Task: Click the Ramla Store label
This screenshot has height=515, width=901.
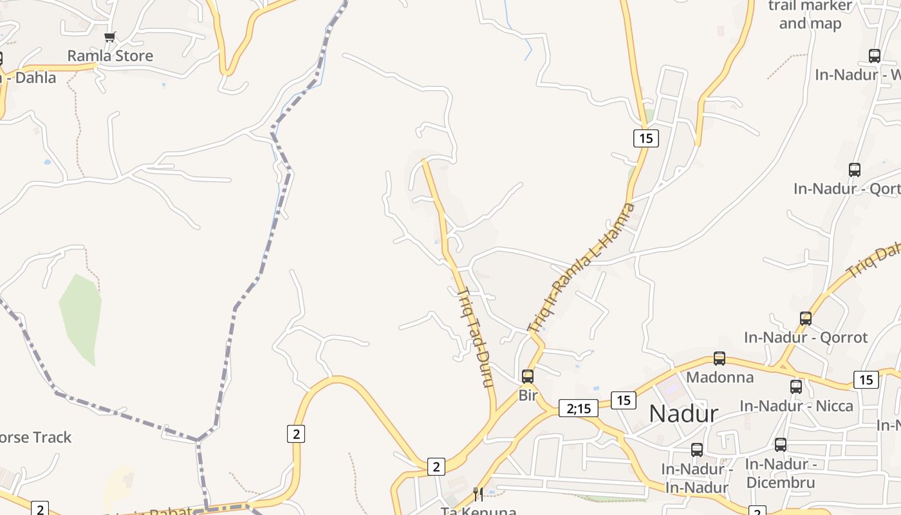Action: [x=110, y=56]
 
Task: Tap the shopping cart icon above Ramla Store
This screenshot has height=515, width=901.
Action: [x=110, y=37]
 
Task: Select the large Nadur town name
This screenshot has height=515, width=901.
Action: [x=683, y=413]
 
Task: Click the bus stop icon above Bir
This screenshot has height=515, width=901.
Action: [x=528, y=376]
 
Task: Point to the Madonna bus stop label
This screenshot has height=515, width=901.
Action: [x=720, y=377]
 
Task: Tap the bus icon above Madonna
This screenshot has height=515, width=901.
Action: [x=720, y=359]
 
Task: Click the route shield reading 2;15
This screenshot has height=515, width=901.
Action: [x=578, y=408]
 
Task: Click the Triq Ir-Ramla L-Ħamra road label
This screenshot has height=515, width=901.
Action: [x=581, y=268]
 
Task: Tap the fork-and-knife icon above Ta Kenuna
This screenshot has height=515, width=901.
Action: [x=478, y=494]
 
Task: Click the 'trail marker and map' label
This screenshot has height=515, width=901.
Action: [x=810, y=15]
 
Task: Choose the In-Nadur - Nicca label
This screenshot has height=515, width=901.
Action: [x=796, y=406]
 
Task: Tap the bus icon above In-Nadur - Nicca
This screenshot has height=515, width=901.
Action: [x=796, y=387]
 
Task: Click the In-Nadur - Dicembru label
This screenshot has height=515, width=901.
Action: [x=781, y=473]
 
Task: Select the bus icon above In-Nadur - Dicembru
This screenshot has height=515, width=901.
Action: [x=781, y=445]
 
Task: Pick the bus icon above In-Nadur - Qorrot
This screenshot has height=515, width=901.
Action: [x=805, y=319]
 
